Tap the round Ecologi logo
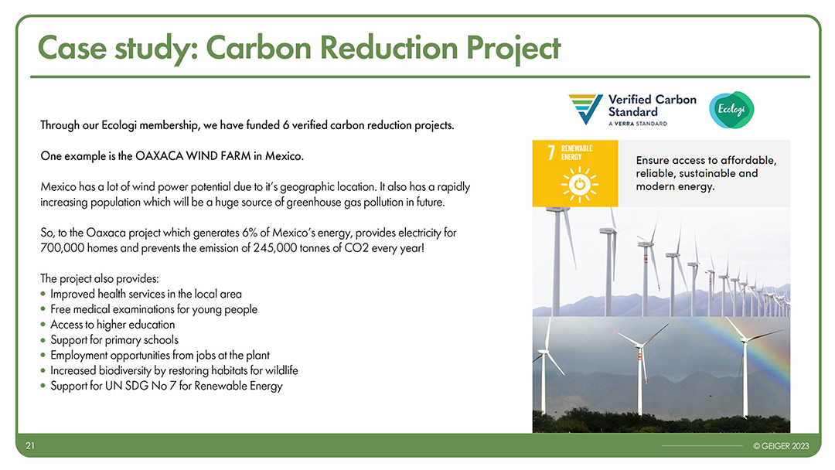(731, 110)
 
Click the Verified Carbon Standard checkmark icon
(585, 109)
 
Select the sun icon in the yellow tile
(579, 185)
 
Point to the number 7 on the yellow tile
(551, 153)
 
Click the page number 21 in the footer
(30, 445)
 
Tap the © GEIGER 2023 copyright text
(781, 446)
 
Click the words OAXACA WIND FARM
(193, 156)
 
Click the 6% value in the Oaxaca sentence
(250, 233)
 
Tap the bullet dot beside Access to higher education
(43, 325)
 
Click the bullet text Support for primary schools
(114, 339)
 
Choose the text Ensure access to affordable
(706, 160)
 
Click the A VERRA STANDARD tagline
(637, 124)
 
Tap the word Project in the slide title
(513, 49)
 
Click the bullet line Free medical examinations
(154, 309)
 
